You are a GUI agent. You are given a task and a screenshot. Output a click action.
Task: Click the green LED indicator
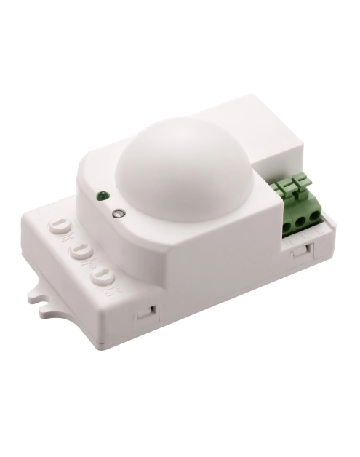click(103, 195)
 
